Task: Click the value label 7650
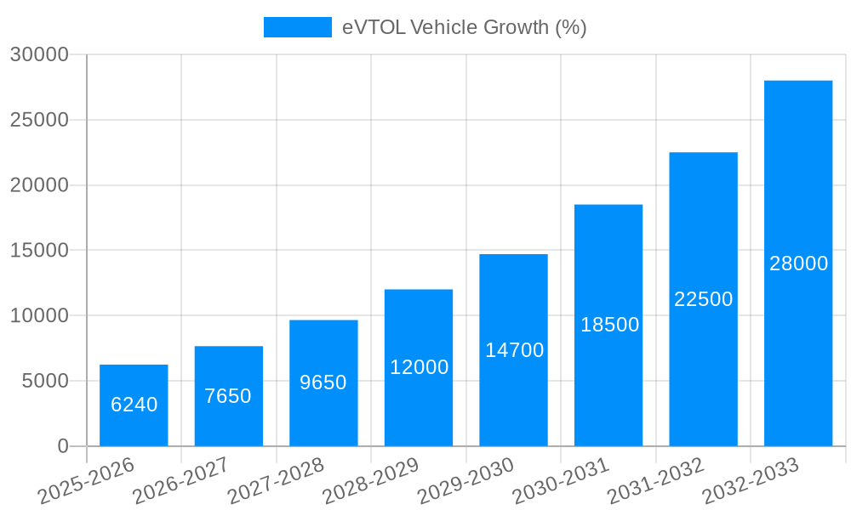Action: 228,396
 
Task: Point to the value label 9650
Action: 323,382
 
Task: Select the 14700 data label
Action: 514,349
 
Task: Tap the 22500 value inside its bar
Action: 704,299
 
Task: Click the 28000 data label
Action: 798,263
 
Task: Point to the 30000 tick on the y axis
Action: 39,55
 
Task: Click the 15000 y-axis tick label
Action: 39,251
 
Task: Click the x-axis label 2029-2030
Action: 467,481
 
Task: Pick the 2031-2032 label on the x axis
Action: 657,481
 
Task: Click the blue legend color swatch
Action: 297,27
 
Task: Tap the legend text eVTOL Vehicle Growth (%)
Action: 465,27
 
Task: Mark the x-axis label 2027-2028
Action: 277,481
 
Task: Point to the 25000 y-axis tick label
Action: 39,120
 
